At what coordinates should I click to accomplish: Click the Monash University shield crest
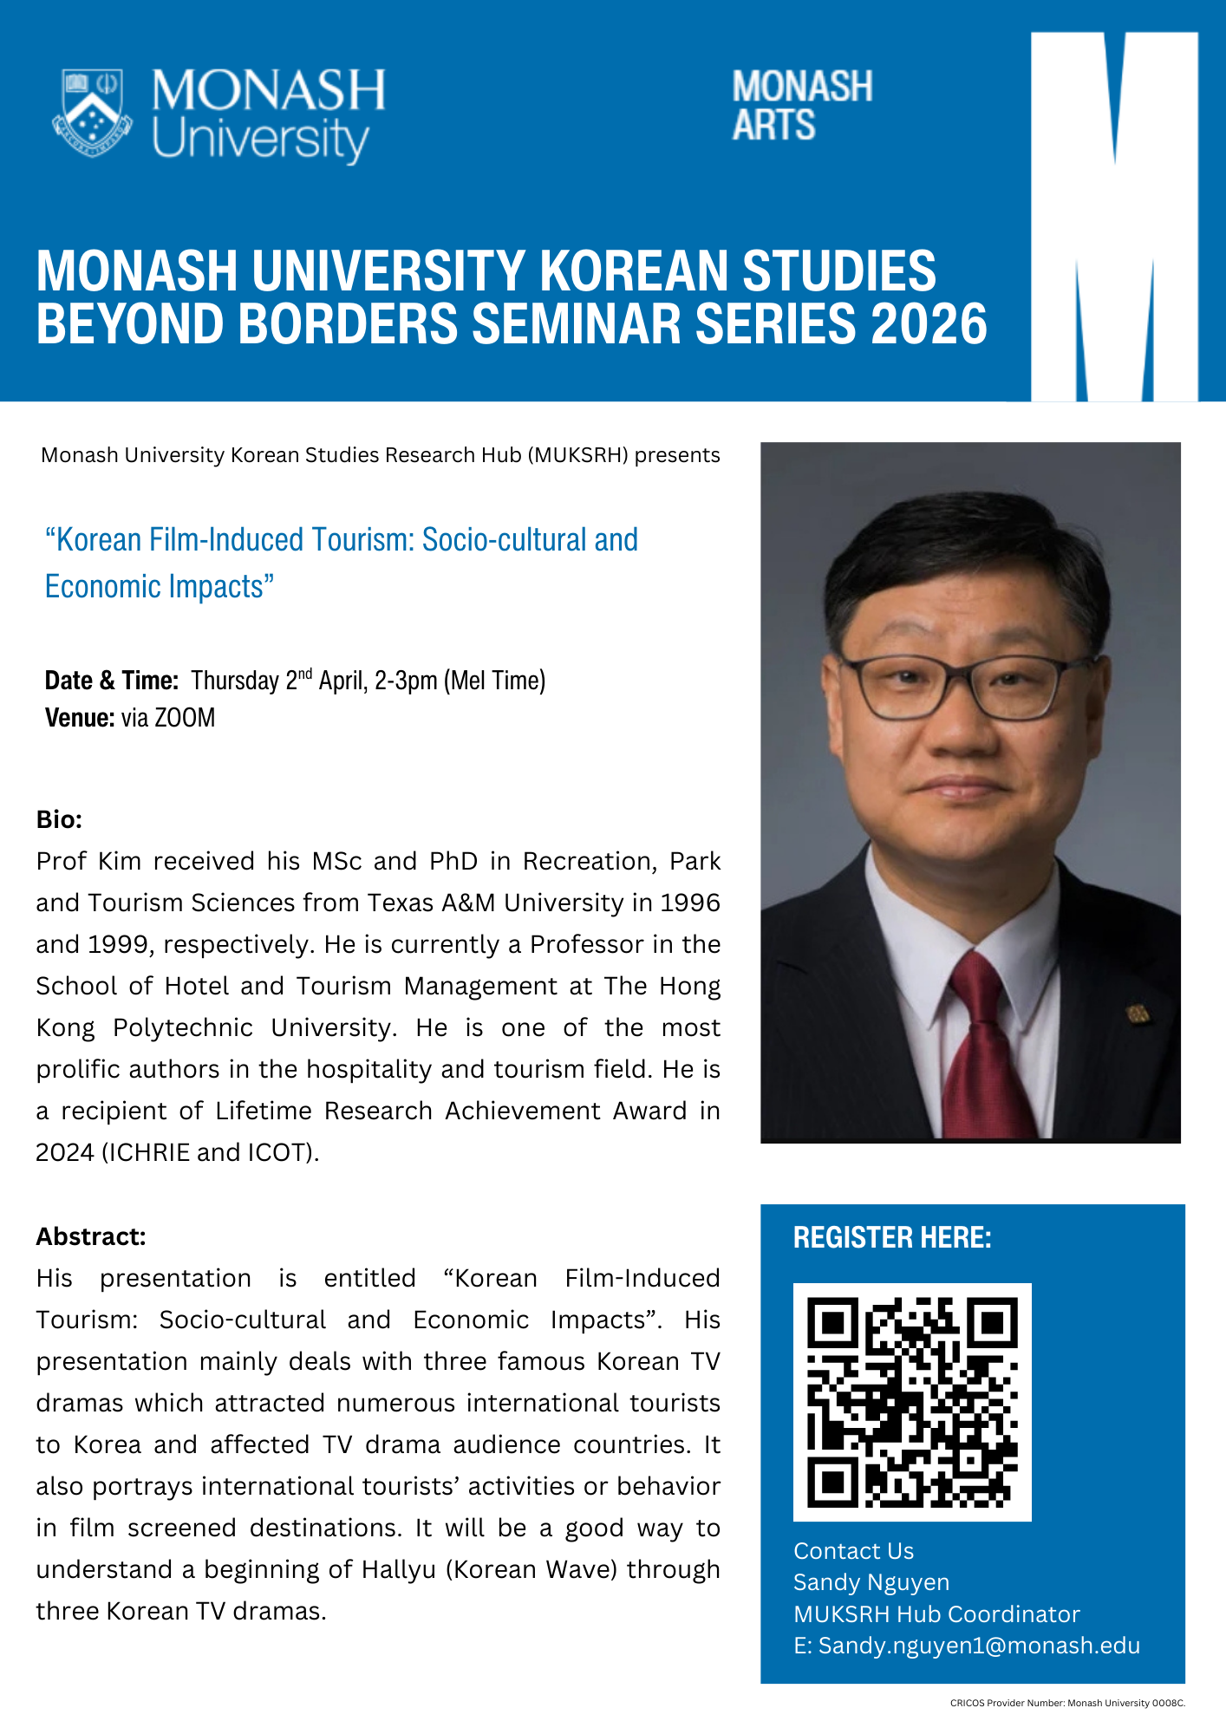(x=92, y=114)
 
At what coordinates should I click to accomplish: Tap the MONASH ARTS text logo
(x=802, y=106)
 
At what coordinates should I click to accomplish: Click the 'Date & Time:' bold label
(x=112, y=681)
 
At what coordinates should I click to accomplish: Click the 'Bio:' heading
(x=59, y=819)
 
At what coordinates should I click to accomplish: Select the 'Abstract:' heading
(x=91, y=1236)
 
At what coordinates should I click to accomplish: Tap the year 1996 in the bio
(x=690, y=903)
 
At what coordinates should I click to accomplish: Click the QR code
(x=912, y=1402)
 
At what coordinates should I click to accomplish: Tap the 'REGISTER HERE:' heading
(x=892, y=1237)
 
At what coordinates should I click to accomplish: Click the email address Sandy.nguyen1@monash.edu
(x=979, y=1646)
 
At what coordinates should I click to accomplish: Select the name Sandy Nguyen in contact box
(x=871, y=1582)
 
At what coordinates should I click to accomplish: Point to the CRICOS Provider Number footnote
(x=1067, y=1703)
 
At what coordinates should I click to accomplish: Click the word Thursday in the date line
(x=235, y=681)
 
